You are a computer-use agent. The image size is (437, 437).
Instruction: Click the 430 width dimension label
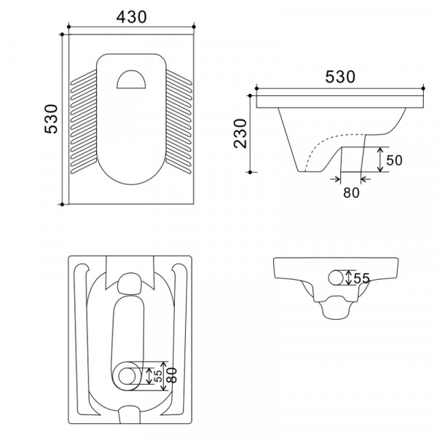(131, 17)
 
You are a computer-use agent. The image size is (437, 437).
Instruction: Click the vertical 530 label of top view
(51, 119)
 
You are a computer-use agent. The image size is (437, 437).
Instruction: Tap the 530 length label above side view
(340, 77)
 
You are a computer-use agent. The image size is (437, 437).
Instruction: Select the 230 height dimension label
(240, 133)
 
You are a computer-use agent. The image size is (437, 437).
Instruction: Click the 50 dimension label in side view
(394, 160)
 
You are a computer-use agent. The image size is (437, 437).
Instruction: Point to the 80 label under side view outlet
(352, 192)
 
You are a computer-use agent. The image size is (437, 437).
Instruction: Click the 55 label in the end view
(361, 278)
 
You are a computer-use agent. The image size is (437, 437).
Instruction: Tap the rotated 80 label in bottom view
(172, 375)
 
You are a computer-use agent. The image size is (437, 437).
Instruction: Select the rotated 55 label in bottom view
(158, 376)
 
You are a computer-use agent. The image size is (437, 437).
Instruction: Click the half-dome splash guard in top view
(131, 79)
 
